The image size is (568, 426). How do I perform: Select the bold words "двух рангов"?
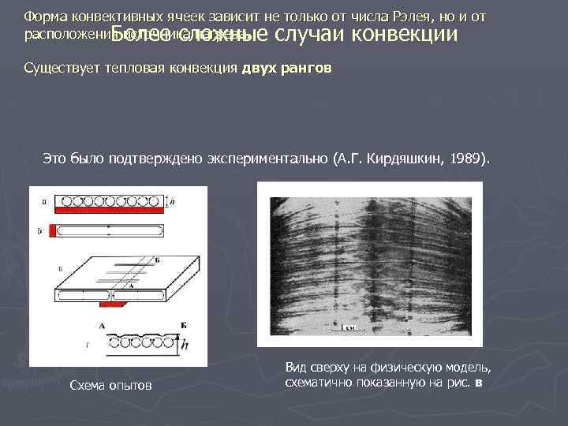click(x=287, y=69)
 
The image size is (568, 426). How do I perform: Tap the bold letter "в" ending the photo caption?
click(x=478, y=383)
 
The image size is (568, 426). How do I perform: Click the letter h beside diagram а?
click(x=174, y=201)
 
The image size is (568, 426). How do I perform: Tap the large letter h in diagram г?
click(x=184, y=346)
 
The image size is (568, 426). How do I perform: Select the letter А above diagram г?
click(x=103, y=324)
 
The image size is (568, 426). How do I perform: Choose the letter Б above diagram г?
click(x=182, y=324)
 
